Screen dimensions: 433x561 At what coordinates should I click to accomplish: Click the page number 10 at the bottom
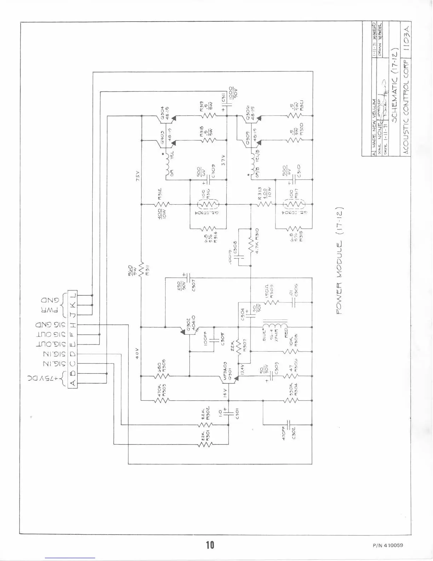(210, 544)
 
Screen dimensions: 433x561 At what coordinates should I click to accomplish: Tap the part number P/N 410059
(388, 545)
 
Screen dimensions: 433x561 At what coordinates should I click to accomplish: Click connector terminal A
(72, 383)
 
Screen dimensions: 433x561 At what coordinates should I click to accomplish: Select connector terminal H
(72, 324)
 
